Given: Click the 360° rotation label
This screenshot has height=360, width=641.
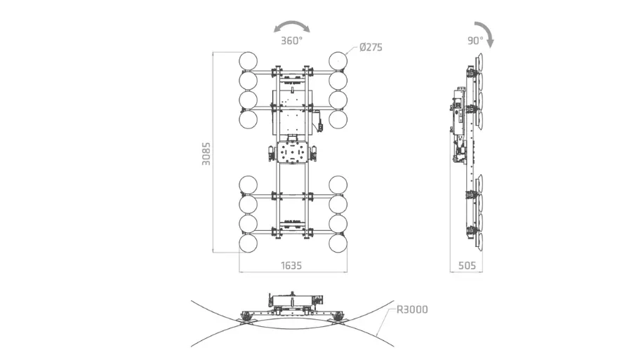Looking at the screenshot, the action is click(291, 41).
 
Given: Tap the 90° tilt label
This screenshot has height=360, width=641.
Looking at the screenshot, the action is click(475, 41).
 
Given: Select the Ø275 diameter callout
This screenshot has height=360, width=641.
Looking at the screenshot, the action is click(371, 47).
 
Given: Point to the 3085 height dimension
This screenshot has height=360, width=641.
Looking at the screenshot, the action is click(206, 154).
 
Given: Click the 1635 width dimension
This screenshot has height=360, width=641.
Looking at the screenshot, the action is click(291, 265).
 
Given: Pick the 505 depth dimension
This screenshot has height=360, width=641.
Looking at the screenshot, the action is click(467, 265).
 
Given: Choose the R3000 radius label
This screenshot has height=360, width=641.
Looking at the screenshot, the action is click(412, 309).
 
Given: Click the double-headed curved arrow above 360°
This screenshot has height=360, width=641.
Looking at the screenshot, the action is click(292, 25).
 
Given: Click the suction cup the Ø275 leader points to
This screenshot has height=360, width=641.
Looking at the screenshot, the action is click(338, 61).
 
